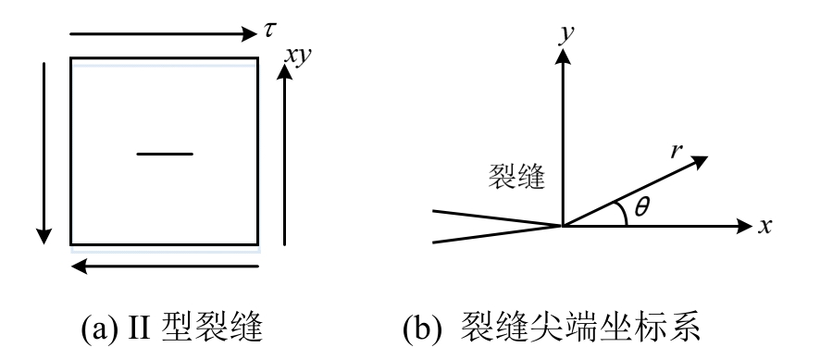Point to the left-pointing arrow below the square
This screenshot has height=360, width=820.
tap(167, 267)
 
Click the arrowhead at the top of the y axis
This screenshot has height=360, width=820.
tap(560, 56)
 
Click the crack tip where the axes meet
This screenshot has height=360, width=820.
tap(561, 225)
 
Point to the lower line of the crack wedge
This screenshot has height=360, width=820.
tap(495, 234)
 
